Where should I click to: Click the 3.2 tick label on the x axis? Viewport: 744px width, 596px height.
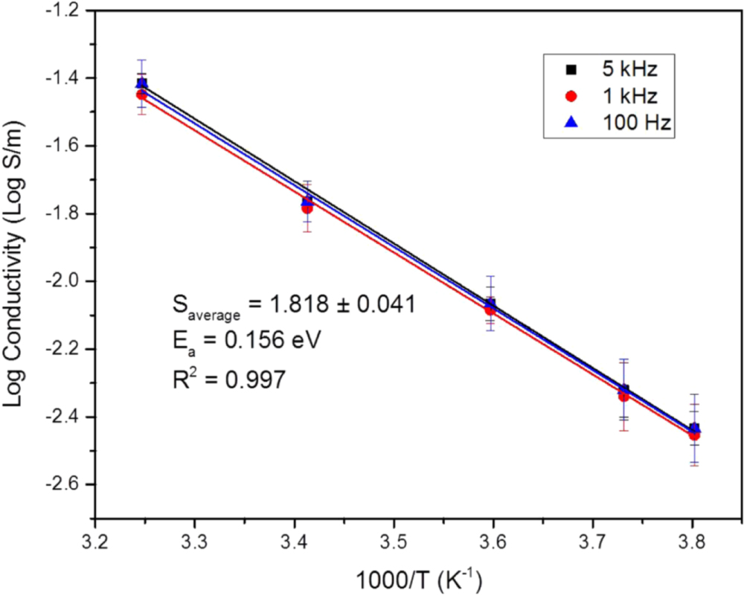(x=95, y=537)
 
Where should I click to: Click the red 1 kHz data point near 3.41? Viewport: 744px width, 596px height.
(x=307, y=208)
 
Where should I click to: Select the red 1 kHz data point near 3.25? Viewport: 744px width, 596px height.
(x=141, y=94)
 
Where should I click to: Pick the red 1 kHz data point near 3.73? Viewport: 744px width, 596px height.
(x=623, y=396)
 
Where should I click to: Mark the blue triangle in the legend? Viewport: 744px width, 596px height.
(x=571, y=124)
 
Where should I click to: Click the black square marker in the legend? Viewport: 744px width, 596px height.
(x=571, y=70)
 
